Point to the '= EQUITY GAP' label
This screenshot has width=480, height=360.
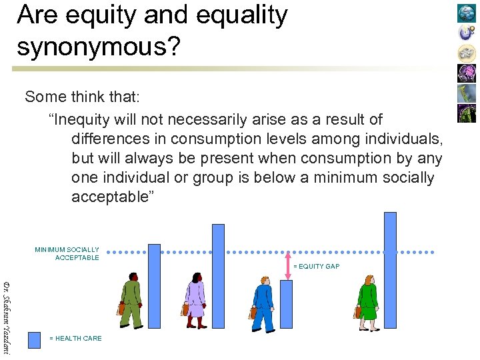tap(317, 267)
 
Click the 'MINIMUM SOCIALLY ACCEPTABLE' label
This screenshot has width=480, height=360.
tap(67, 254)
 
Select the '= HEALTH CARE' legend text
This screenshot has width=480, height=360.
tap(76, 339)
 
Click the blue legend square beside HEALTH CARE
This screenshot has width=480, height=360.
tap(35, 339)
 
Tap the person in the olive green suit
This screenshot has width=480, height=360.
tap(131, 300)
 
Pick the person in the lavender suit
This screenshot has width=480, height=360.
tap(195, 300)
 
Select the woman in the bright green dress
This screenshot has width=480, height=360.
tap(367, 301)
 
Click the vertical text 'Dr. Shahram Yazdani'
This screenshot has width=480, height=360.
tap(7, 317)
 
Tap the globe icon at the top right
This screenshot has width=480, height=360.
tap(466, 13)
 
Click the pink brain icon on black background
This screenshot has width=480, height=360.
tap(466, 73)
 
